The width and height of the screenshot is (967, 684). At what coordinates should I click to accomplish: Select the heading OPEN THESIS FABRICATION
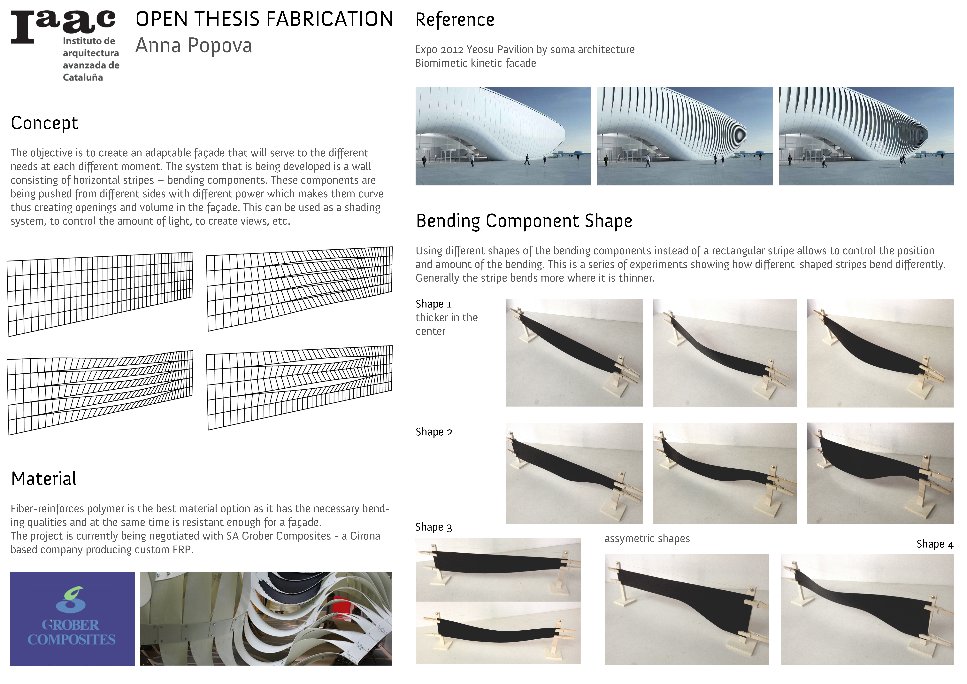[264, 19]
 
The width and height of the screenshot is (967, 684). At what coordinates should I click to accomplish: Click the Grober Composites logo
[73, 618]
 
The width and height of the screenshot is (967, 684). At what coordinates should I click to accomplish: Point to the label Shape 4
[935, 544]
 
